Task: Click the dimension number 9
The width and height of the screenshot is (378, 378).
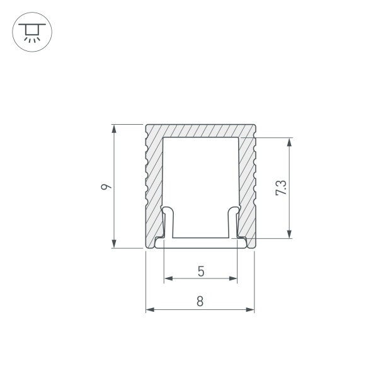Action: pyautogui.click(x=108, y=187)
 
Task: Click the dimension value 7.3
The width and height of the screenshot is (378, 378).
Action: pyautogui.click(x=282, y=188)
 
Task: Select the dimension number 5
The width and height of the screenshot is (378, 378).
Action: pyautogui.click(x=200, y=272)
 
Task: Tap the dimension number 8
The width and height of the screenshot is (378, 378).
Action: pyautogui.click(x=200, y=301)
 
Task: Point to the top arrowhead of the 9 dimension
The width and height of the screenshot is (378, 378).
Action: pyautogui.click(x=114, y=128)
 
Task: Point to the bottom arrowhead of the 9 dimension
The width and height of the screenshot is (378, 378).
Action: pyautogui.click(x=114, y=244)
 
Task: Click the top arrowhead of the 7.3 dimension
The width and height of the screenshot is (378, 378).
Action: pyautogui.click(x=289, y=141)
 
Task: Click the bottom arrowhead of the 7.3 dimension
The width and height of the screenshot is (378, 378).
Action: pyautogui.click(x=289, y=234)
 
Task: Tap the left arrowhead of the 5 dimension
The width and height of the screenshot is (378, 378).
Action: pyautogui.click(x=167, y=278)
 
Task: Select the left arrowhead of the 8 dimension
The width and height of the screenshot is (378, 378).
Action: pyautogui.click(x=149, y=309)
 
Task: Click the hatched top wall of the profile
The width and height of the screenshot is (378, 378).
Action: pyautogui.click(x=200, y=130)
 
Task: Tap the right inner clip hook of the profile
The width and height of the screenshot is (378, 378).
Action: pyautogui.click(x=234, y=220)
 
